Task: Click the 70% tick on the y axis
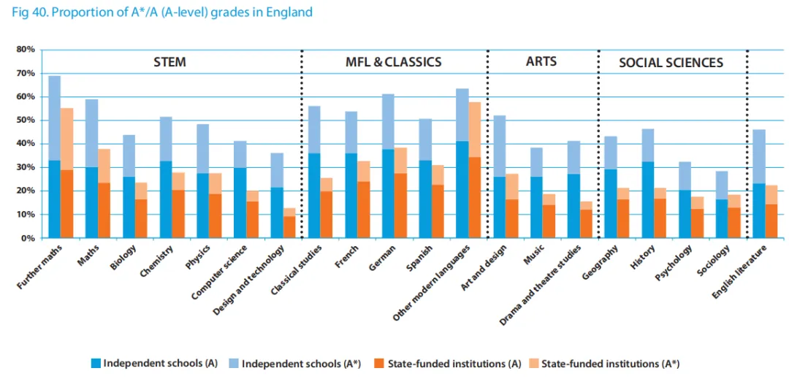pos(26,73)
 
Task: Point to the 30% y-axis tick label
pos(26,167)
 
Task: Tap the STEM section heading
pos(169,62)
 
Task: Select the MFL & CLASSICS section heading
pos(393,62)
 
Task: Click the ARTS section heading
pos(541,61)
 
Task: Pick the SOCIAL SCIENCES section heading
pos(671,63)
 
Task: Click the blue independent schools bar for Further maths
pos(54,157)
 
